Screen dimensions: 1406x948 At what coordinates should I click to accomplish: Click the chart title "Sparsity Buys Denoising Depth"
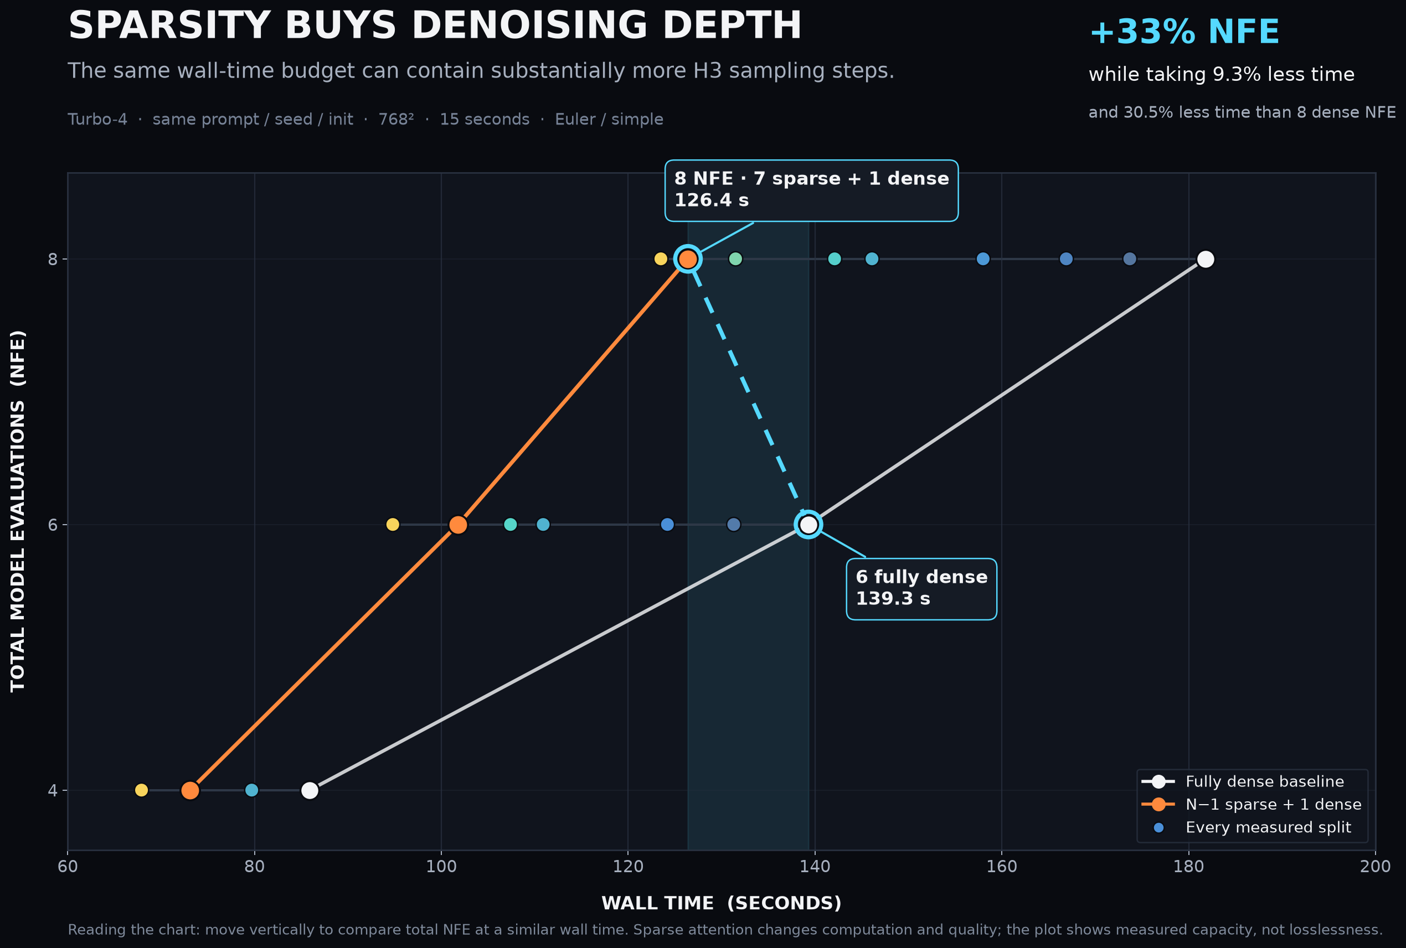click(x=434, y=25)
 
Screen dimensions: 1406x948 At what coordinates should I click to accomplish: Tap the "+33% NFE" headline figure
click(x=1184, y=32)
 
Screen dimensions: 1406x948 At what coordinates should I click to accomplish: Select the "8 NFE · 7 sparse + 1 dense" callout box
click(x=811, y=190)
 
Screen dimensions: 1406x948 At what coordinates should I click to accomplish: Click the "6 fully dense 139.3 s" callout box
click(x=921, y=589)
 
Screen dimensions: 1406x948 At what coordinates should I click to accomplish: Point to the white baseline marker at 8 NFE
click(x=1206, y=260)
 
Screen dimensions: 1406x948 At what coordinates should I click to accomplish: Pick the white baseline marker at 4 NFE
click(x=310, y=790)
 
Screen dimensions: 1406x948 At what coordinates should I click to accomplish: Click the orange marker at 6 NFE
click(x=459, y=525)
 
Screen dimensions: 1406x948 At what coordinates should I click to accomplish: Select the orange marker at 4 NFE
click(x=190, y=790)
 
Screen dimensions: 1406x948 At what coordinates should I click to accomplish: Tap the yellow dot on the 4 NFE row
click(x=142, y=790)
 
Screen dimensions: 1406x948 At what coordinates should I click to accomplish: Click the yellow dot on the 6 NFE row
click(x=393, y=525)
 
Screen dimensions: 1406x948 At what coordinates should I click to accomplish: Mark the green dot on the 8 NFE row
click(x=735, y=260)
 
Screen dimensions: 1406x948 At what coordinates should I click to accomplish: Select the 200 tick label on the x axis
click(x=1375, y=867)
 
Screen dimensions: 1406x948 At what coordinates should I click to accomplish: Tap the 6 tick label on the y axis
click(x=53, y=525)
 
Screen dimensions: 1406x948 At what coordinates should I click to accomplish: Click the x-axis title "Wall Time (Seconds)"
click(x=721, y=903)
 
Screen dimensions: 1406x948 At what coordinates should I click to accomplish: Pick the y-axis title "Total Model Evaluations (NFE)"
click(x=18, y=511)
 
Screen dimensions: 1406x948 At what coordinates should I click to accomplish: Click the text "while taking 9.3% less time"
click(x=1222, y=74)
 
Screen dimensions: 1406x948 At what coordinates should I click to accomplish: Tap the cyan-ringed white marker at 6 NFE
click(x=808, y=525)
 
